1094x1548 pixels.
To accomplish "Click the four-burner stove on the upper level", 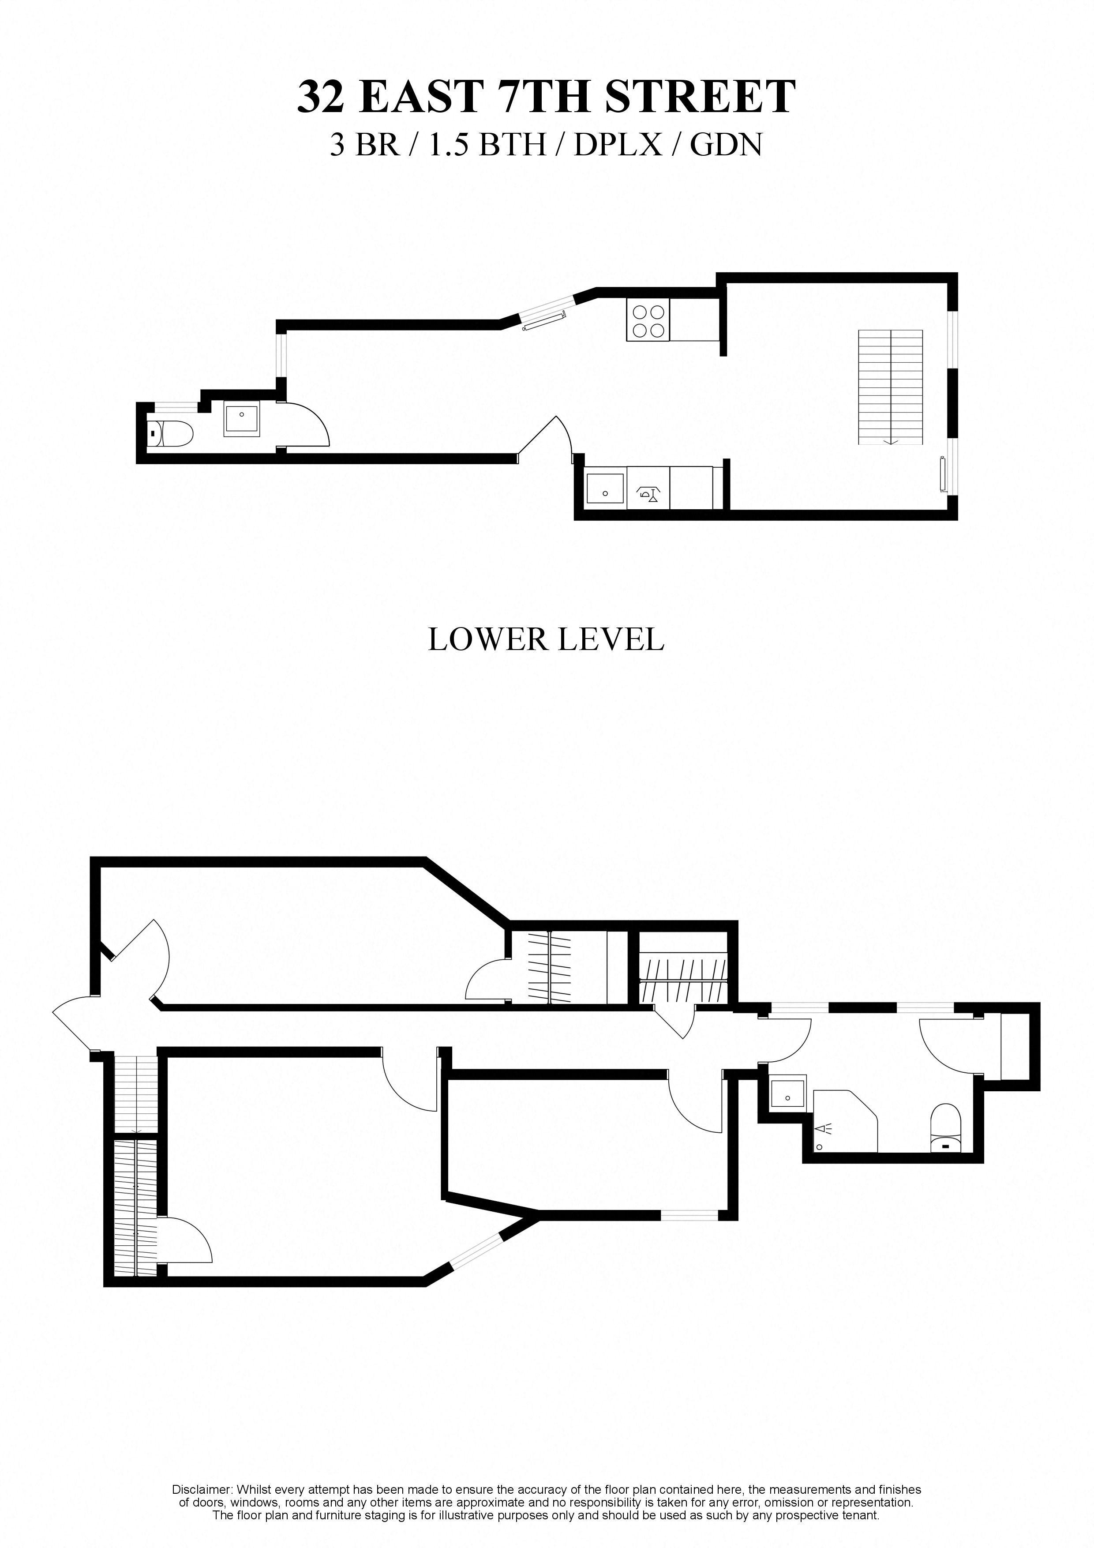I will (x=648, y=319).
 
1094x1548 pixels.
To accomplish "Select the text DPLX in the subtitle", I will (x=618, y=144).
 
